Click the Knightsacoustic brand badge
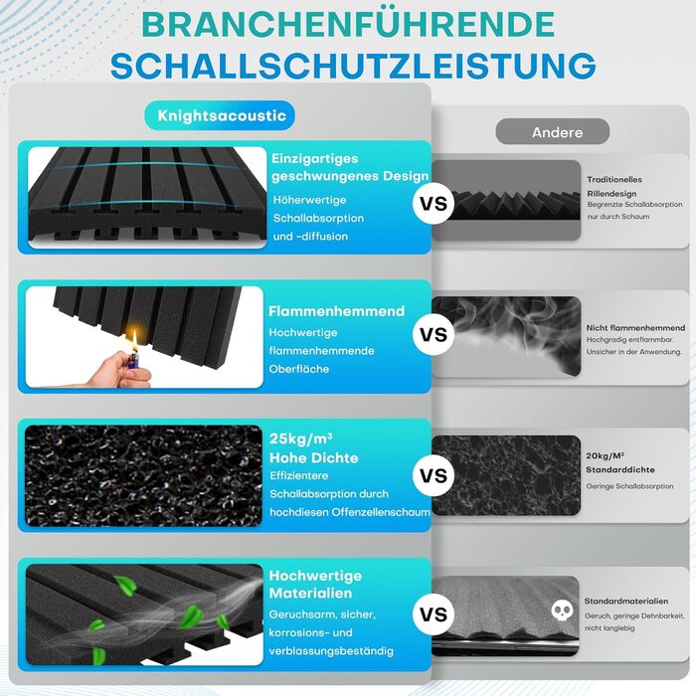220,116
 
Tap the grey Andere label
553,132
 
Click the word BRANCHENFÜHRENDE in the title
348,24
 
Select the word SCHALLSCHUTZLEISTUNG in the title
353,66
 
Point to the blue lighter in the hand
134,360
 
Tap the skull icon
562,610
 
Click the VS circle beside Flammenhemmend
434,334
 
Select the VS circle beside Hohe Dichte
434,476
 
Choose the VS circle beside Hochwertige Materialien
434,614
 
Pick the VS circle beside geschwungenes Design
434,204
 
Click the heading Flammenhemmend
336,311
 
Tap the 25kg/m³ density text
301,439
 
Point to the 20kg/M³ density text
605,455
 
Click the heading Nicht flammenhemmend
635,328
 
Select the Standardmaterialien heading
626,601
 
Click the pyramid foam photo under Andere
506,200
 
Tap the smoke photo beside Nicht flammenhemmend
506,337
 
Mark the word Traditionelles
614,179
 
